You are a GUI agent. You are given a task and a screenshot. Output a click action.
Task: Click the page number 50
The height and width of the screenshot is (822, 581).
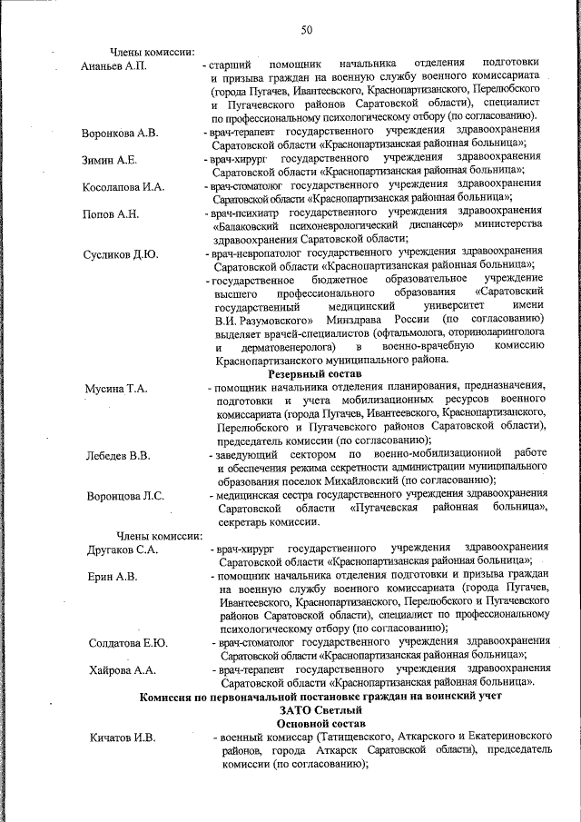(306, 31)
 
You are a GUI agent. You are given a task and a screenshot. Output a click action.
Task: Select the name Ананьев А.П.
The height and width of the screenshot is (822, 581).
(113, 66)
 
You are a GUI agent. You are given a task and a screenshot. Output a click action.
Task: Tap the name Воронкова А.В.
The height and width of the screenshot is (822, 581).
(120, 133)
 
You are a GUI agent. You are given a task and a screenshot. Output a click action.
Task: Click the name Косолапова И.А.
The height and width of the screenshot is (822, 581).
(123, 186)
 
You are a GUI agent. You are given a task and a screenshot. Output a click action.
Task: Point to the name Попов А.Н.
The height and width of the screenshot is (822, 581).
(110, 213)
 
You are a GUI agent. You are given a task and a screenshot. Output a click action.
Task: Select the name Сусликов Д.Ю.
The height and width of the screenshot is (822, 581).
(120, 253)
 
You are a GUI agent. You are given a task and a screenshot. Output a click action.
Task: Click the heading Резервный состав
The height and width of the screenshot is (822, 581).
(314, 373)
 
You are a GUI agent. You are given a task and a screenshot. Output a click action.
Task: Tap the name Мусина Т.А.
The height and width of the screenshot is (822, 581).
(116, 389)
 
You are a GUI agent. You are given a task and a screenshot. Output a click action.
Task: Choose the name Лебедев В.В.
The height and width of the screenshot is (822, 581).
(118, 453)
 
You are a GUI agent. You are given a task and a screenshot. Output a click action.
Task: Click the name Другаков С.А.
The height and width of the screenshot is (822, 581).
(123, 550)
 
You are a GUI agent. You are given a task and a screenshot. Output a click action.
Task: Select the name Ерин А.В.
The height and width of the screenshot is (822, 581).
(113, 576)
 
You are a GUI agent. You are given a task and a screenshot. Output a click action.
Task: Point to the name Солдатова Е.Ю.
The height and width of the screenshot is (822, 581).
(128, 643)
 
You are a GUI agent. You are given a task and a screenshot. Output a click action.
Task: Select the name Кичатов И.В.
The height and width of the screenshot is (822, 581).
(123, 737)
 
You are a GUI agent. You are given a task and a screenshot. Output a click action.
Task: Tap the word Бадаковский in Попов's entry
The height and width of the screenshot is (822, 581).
(251, 223)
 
